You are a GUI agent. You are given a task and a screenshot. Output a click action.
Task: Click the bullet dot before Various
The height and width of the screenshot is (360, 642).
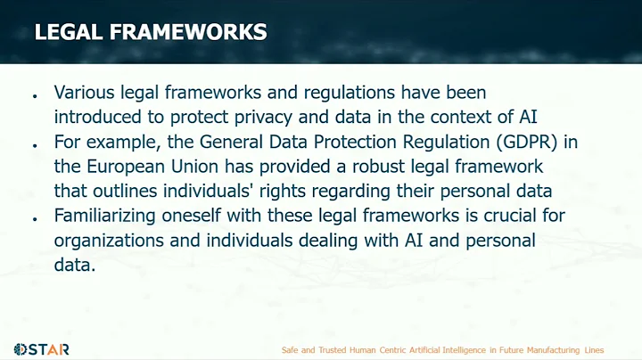pos(34,94)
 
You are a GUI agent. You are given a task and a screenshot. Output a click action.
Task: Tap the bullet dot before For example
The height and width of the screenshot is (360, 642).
pos(34,143)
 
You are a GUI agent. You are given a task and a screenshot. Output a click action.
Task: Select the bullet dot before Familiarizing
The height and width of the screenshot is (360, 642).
pos(34,217)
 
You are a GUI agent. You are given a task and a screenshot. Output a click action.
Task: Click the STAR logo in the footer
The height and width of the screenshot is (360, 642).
pos(41,348)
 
